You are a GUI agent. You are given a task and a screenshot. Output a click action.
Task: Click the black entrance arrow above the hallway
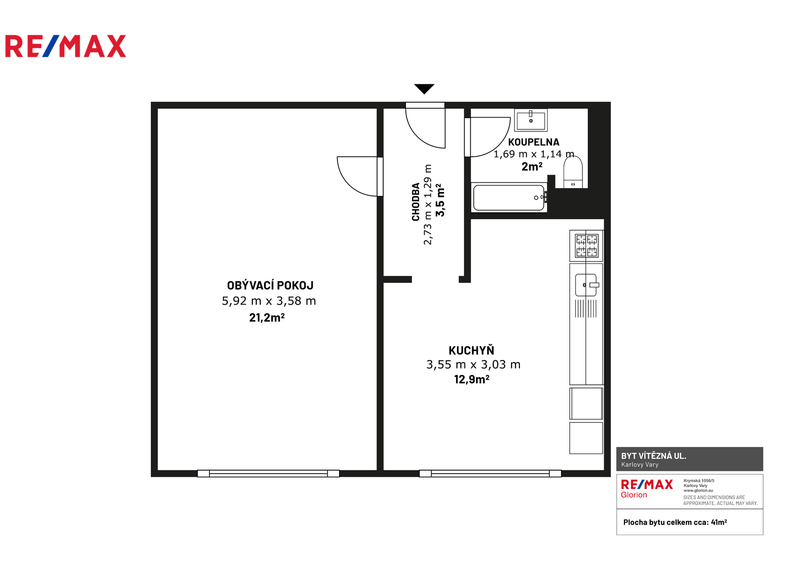point(424,89)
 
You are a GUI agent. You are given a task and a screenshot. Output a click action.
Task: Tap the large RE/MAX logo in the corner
point(65,46)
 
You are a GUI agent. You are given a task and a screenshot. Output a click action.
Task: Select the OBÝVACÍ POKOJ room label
point(270,285)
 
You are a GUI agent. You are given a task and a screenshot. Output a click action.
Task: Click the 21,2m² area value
point(267,317)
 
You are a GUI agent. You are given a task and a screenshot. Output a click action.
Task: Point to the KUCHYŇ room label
point(471,350)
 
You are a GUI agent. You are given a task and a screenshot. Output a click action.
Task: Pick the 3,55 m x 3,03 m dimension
point(473,364)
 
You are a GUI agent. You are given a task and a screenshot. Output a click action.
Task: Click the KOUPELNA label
point(533,142)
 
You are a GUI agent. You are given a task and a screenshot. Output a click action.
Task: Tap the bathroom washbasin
point(531,120)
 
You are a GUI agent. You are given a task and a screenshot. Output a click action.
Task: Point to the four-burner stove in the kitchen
point(586,246)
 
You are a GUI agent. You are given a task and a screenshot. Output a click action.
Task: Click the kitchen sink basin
point(586,285)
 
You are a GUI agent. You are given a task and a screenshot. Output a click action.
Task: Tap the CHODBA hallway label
point(416,202)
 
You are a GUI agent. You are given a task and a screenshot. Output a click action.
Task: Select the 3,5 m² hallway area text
point(440,200)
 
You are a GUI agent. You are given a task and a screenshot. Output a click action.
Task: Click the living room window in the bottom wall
point(268,474)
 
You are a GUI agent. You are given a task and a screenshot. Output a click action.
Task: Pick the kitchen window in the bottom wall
point(490,474)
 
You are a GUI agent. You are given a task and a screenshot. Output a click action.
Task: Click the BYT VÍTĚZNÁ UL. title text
point(654,456)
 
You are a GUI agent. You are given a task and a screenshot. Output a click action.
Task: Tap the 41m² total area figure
point(719,522)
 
